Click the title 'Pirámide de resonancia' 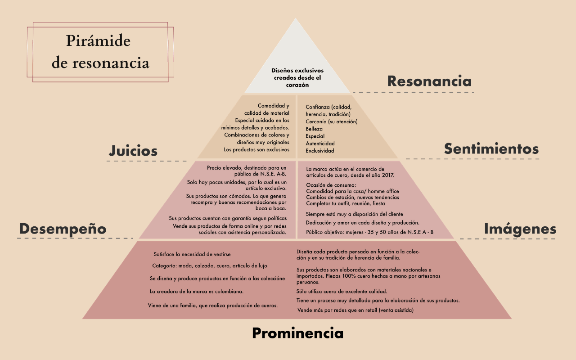100,52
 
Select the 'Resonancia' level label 429,81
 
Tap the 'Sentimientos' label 491,148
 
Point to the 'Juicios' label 133,151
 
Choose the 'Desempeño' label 63,229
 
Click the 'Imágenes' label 520,229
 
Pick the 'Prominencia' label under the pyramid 297,333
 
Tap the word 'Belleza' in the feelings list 314,129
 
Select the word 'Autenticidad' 320,143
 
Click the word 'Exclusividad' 320,151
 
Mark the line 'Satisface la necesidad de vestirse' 192,254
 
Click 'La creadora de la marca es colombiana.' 197,291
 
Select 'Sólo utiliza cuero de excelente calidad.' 342,291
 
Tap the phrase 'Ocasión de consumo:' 331,185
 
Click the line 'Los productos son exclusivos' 256,149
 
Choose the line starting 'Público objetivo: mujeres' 369,232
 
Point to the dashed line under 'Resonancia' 413,92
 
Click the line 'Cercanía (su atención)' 331,121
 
